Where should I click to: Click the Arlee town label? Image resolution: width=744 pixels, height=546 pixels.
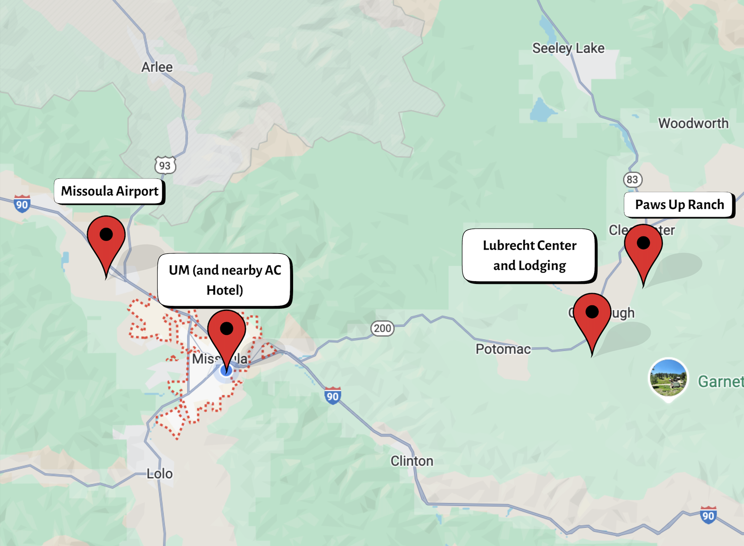[x=157, y=67]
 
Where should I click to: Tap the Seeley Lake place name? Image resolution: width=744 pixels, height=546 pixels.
[x=568, y=48]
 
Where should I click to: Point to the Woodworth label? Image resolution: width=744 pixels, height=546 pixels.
[x=693, y=123]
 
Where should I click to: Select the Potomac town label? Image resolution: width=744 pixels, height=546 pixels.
[x=503, y=349]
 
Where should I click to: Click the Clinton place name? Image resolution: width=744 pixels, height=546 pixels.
[x=412, y=461]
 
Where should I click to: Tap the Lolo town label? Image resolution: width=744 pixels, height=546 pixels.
[x=160, y=474]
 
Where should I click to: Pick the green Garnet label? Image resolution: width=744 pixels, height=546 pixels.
[x=720, y=381]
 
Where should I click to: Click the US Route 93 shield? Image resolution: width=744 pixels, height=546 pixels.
[x=165, y=165]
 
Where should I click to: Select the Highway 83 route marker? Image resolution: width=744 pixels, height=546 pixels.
[x=632, y=179]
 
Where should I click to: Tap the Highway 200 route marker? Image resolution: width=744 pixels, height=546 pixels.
[x=382, y=328]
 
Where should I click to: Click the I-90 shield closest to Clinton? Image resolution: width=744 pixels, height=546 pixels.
[x=333, y=396]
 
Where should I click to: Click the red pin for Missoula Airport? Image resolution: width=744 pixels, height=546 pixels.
[x=106, y=238]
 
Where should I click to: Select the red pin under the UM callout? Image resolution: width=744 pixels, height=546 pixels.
[x=226, y=332]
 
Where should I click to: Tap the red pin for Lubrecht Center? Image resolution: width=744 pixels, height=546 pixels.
[x=592, y=315]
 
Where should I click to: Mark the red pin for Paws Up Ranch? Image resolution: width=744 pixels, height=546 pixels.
[x=643, y=247]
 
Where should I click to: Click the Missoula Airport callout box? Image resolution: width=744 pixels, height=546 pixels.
[x=109, y=191]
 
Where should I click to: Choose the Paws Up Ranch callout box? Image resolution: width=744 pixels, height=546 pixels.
[x=679, y=204]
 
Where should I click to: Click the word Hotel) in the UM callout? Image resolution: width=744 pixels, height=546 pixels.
[x=225, y=290]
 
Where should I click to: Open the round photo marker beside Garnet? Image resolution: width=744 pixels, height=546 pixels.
[x=668, y=378]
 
